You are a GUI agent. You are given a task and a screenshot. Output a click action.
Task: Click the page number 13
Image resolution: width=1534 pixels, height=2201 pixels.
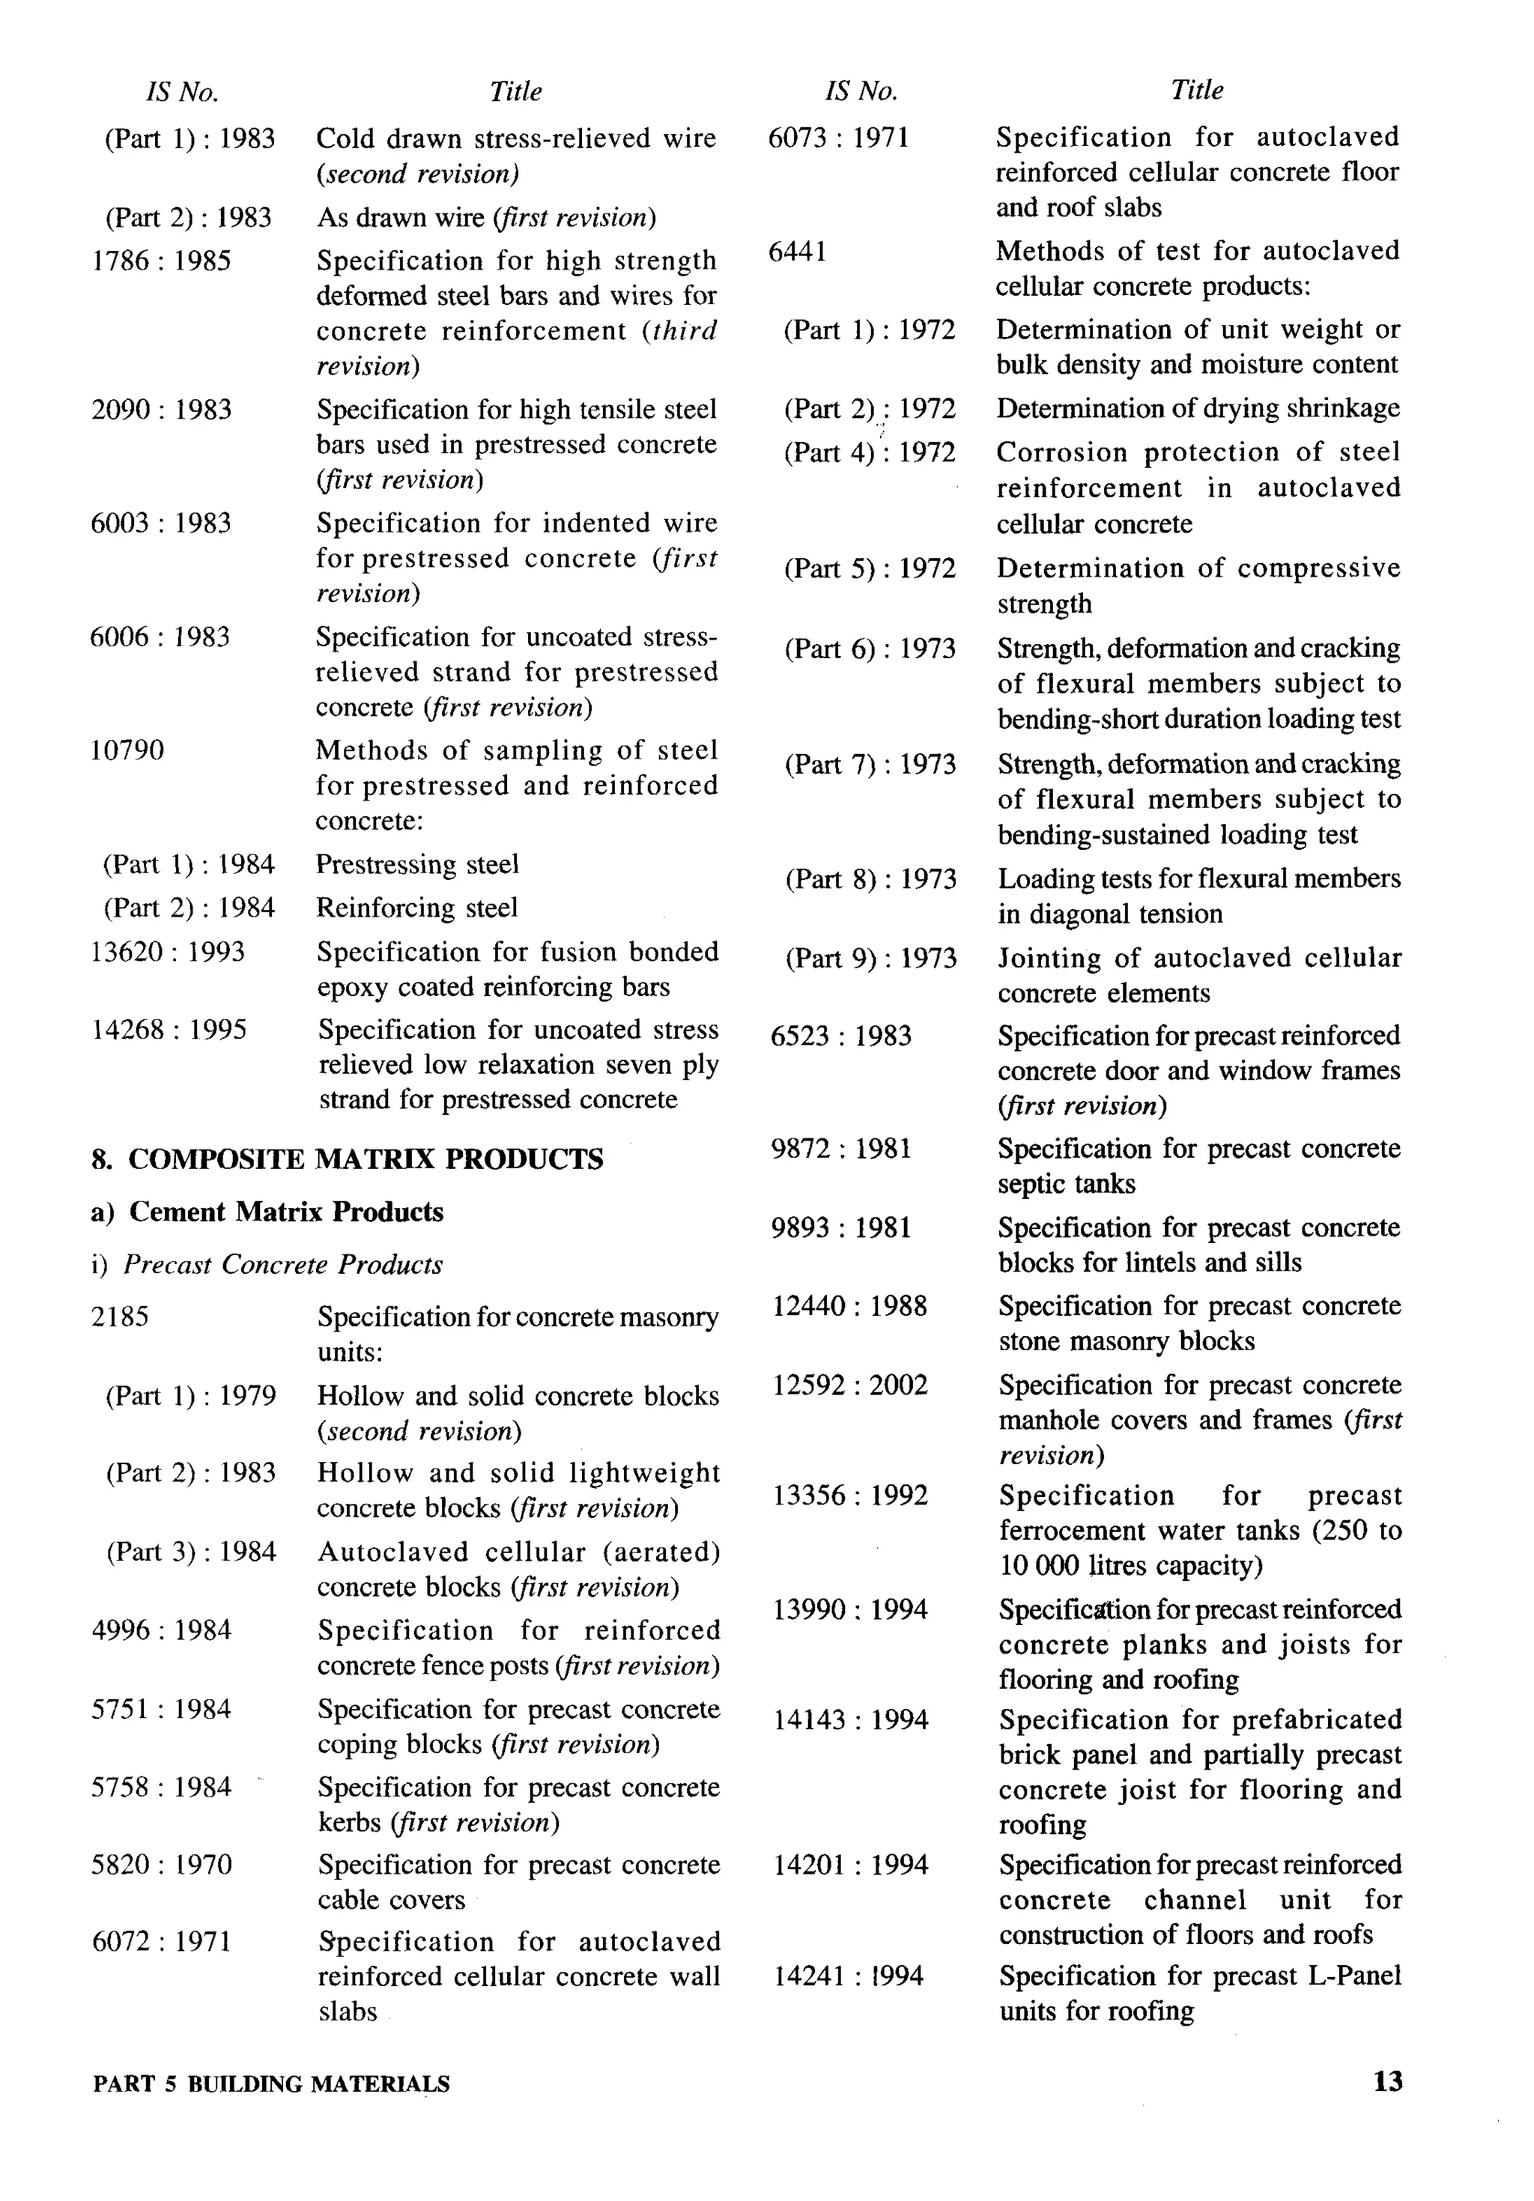(1387, 2081)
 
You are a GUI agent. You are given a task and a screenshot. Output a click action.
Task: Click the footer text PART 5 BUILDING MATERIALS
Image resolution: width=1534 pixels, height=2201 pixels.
(271, 2084)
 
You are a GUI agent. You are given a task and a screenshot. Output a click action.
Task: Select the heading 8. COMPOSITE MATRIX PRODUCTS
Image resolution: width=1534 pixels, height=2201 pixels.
(347, 1159)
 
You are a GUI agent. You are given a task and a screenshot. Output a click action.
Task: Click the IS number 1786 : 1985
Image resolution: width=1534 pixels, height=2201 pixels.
(161, 261)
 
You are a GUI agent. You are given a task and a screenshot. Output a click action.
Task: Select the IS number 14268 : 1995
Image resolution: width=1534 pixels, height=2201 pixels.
(169, 1030)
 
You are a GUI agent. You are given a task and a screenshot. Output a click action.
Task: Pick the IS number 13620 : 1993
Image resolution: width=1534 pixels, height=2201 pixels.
(168, 952)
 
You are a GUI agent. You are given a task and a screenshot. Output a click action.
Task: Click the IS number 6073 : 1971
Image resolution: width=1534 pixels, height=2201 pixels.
(838, 137)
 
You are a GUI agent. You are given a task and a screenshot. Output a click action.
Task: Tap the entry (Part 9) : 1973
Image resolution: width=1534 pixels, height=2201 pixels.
(870, 958)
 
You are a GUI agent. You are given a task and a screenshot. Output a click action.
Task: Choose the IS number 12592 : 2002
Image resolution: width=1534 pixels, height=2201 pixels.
(850, 1385)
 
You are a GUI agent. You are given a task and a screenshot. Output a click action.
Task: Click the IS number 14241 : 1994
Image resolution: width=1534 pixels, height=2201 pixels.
(849, 1976)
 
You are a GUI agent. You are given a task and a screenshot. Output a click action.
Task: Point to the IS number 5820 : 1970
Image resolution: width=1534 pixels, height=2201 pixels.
(161, 1865)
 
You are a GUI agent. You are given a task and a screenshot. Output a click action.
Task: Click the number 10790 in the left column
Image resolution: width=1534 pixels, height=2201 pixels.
(127, 750)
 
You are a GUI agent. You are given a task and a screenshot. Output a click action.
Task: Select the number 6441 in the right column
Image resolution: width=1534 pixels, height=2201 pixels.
(798, 251)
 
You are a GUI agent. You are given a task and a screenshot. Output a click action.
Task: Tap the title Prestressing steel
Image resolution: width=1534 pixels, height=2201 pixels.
(417, 865)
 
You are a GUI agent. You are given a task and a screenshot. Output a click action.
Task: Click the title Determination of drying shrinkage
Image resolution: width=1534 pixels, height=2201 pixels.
(1198, 408)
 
